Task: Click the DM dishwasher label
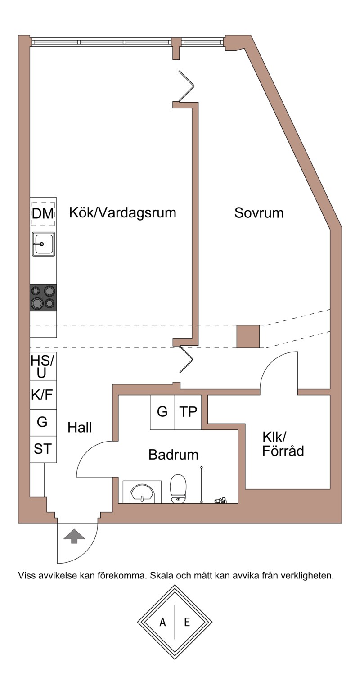coord(43,214)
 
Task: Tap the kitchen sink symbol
coord(43,244)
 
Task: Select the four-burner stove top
coord(43,298)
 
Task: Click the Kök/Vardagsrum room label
coord(122,213)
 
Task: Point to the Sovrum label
coord(259,213)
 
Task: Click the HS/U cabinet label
coord(42,366)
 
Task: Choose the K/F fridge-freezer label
coord(42,395)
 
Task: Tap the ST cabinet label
coord(42,449)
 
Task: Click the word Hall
coord(80,428)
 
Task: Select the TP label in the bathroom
coord(188,412)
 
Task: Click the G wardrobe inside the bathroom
coord(162,412)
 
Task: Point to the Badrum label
coord(173,455)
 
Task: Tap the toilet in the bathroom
coord(178,488)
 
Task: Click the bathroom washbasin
coord(142,492)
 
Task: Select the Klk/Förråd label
coord(283,444)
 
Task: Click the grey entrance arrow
coord(74,536)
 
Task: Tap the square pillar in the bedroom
coord(248,336)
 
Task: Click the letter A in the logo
coord(162,622)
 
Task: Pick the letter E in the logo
coord(187,622)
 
